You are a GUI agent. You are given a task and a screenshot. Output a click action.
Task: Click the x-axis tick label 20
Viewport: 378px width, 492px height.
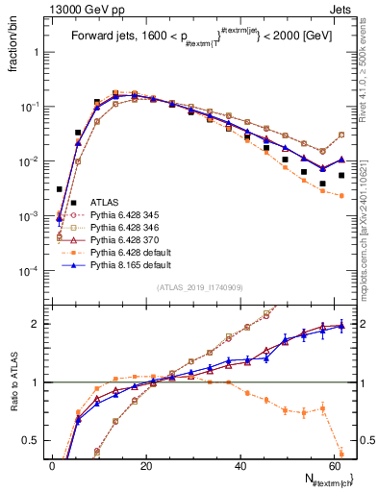click(146, 465)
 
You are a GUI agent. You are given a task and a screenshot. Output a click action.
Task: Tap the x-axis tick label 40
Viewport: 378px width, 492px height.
click(240, 465)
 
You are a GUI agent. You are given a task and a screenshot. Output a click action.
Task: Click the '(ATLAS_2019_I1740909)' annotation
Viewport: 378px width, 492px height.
click(199, 287)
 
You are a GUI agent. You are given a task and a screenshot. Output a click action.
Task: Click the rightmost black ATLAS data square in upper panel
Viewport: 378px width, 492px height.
click(341, 176)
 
